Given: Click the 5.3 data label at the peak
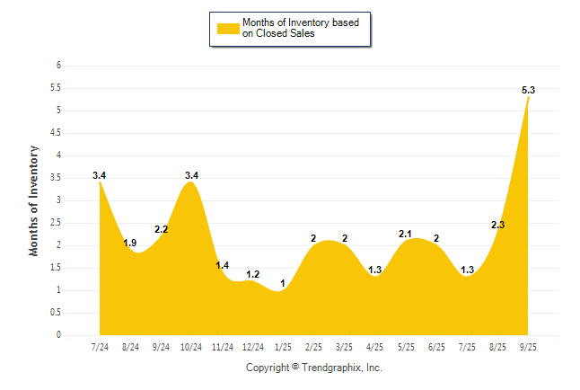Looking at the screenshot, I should point(529,90).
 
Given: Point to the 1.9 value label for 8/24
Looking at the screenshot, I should point(130,243).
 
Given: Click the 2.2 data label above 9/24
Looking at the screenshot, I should point(162,229).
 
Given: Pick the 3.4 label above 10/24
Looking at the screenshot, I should point(191,175).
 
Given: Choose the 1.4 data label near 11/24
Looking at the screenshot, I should point(223,265).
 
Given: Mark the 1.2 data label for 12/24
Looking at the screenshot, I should point(253,274).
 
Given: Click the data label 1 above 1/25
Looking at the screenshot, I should point(283,283).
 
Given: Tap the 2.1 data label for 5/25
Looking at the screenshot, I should point(406,234).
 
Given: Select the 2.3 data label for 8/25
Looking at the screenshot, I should point(498,225).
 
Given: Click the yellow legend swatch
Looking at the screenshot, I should point(227,29).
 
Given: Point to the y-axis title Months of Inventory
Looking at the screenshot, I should point(34,200).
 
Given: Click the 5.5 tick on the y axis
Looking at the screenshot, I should point(55,88).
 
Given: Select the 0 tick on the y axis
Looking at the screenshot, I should point(58,335).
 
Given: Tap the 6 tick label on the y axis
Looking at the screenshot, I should point(58,66).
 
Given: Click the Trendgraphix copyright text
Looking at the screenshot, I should point(314,368).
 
